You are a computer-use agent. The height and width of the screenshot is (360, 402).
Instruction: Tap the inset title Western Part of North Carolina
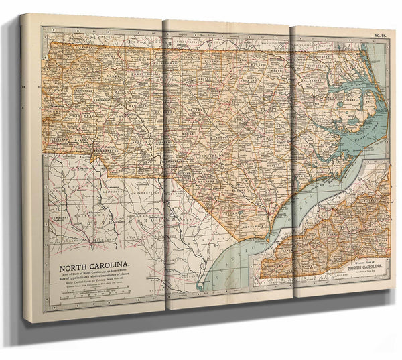click(362, 266)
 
